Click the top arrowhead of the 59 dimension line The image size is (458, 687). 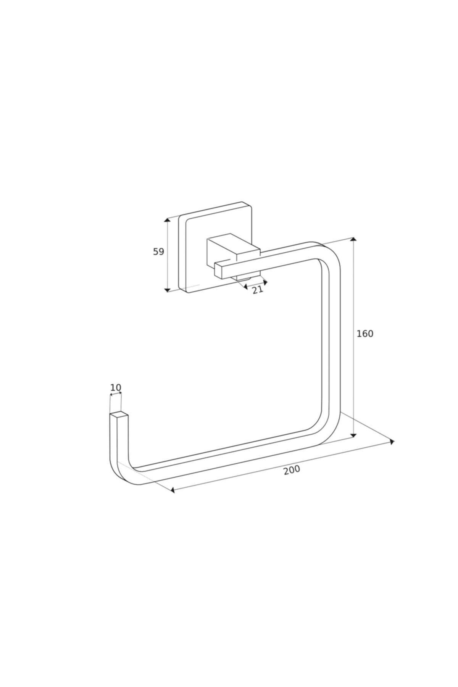[167, 220]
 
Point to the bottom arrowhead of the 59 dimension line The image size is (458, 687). [167, 290]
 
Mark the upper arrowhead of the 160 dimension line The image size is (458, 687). [353, 239]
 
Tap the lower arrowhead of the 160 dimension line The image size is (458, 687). [353, 435]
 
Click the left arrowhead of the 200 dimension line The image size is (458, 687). [173, 490]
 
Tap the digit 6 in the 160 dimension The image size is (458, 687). [365, 334]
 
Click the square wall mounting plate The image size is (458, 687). [215, 247]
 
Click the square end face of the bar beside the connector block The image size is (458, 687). [219, 270]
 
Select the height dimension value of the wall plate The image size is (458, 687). [158, 252]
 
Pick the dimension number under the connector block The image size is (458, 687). [258, 290]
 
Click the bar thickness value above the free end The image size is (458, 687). [116, 388]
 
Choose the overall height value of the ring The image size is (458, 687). [365, 334]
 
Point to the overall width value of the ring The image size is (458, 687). [292, 470]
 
